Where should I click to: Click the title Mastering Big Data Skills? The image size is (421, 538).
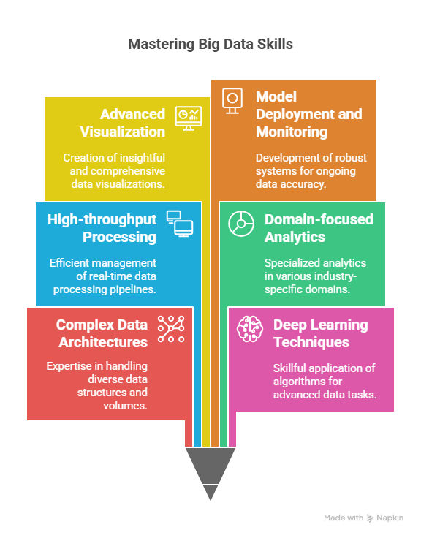[210, 45]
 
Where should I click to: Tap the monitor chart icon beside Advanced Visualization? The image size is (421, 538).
[189, 118]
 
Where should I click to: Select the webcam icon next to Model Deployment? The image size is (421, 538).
[232, 101]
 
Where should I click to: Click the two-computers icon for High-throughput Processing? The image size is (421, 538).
[180, 224]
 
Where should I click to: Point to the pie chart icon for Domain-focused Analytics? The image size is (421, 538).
[241, 224]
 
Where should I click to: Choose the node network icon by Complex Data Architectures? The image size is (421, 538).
[171, 329]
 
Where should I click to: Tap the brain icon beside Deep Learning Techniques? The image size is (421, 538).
[250, 329]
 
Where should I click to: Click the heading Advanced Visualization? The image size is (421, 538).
[123, 123]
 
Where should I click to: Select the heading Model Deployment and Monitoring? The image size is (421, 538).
[308, 114]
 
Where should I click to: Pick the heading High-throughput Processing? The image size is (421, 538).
[102, 228]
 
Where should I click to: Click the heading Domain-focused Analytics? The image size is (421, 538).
[319, 228]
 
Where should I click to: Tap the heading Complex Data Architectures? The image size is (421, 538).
[102, 333]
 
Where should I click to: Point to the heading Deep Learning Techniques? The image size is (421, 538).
[320, 333]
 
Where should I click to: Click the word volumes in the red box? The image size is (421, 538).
[125, 406]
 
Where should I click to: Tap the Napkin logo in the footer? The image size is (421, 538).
[371, 518]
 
